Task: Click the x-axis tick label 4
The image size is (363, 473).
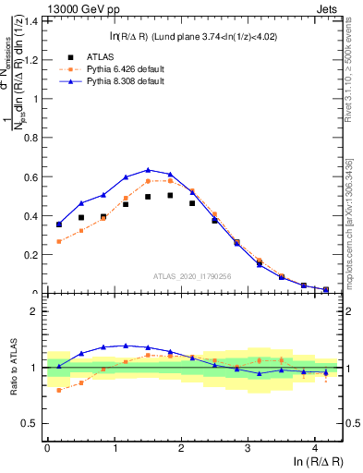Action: tap(315, 448)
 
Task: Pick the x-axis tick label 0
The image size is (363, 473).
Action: tap(47, 448)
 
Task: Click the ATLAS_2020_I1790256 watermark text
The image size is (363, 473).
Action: tap(193, 275)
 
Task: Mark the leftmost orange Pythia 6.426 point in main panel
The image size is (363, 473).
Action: tap(59, 241)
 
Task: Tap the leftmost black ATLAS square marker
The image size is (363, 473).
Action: tap(59, 224)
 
